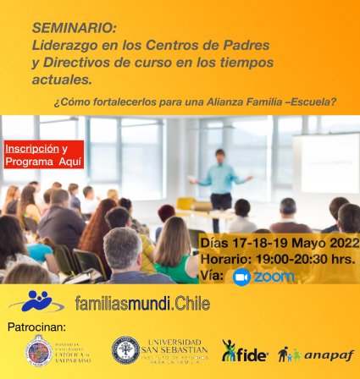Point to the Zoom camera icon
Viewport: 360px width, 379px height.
point(242,277)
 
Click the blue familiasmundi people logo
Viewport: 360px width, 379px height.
point(38,301)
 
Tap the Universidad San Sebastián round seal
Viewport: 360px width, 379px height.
point(125,351)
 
